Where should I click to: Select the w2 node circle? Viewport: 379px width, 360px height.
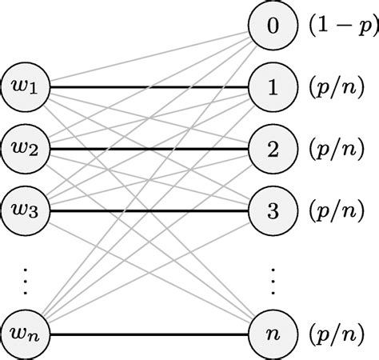tap(27, 148)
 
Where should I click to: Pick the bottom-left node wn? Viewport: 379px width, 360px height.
tap(27, 333)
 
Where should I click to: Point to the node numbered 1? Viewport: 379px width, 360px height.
tap(273, 86)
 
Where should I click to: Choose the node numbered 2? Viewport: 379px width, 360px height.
tap(273, 149)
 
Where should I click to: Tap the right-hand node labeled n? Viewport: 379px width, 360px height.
tap(273, 333)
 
